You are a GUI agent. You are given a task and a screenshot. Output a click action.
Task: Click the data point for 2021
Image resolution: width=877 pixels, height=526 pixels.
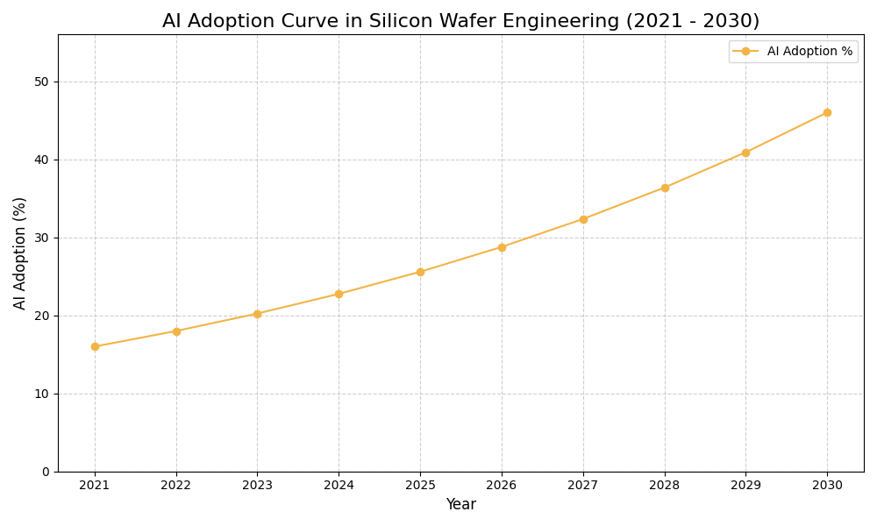95,346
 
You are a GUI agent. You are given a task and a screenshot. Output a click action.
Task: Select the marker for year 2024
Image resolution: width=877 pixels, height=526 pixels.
339,294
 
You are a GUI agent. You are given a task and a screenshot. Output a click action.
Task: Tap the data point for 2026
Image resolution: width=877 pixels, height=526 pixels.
502,247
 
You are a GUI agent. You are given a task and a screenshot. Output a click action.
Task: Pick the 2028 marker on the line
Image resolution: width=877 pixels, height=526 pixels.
665,188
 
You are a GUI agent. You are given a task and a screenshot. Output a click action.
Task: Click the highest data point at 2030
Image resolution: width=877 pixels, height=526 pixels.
827,112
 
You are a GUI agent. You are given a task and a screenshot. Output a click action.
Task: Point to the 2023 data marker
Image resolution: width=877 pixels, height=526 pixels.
257,314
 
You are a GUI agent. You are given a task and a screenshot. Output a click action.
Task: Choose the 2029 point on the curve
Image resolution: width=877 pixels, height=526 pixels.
745,153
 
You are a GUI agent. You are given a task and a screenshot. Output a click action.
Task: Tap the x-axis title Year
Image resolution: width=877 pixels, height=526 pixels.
460,505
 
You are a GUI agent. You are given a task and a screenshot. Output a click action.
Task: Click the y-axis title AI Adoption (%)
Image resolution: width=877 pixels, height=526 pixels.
20,252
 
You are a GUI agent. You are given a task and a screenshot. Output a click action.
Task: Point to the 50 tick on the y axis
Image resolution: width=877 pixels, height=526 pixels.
41,82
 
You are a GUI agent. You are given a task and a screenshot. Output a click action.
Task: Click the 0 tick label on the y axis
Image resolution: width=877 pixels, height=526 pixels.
46,472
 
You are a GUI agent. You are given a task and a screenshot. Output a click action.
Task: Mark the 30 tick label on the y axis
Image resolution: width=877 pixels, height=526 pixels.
41,238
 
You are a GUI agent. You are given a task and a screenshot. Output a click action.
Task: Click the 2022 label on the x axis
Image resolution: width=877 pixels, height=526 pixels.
176,485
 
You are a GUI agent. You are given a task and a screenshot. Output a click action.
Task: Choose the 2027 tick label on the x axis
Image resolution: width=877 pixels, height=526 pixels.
583,485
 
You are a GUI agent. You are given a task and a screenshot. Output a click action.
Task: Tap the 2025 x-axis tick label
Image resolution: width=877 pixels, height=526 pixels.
420,485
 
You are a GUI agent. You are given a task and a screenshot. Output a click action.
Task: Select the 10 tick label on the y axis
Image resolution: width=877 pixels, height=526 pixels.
41,394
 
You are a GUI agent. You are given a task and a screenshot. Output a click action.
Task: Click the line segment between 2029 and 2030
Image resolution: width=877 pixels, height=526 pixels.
787,132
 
